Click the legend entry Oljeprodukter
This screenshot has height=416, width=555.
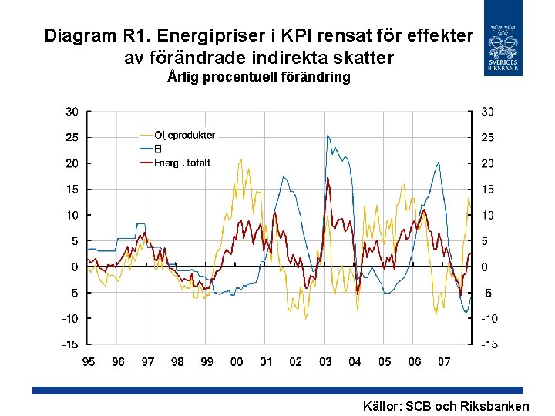[184, 135]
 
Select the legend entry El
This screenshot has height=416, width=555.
[158, 149]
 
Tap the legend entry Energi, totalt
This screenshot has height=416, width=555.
[182, 163]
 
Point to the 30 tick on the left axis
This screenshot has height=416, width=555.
[71, 112]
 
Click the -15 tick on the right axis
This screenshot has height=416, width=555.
[489, 344]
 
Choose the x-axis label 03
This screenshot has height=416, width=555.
[325, 361]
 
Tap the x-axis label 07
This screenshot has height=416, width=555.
[444, 361]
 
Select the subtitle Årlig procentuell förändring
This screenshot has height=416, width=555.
[259, 77]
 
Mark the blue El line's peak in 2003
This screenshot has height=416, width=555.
[328, 136]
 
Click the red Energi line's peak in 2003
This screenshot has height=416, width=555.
[328, 179]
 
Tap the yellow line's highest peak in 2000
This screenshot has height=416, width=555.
[240, 160]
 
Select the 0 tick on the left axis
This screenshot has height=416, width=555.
[75, 267]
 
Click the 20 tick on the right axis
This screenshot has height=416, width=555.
[489, 163]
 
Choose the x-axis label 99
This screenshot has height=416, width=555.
[207, 361]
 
